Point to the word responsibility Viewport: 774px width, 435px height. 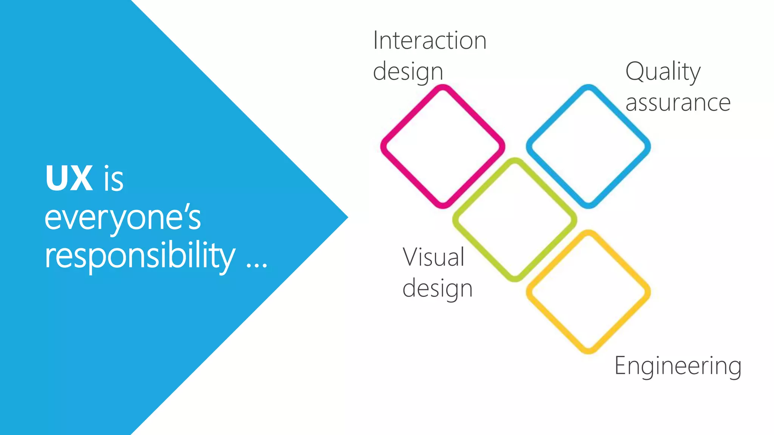pos(140,256)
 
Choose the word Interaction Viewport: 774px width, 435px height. pos(430,40)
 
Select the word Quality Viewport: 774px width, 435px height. pos(663,72)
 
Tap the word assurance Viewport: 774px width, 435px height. pos(678,103)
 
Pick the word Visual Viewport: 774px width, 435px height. pos(433,257)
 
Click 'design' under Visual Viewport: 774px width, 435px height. pos(437,288)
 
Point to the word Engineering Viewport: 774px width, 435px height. pos(678,366)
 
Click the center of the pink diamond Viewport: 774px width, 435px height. pos(443,147)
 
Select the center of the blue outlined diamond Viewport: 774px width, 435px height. pos(588,147)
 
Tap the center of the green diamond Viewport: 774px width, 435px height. pos(515,220)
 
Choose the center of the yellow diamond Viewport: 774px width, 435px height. pos(588,292)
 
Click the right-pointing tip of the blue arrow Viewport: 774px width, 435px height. pos(347,217)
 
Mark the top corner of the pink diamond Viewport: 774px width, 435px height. pos(443,87)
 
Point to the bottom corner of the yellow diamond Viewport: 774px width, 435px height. pos(588,351)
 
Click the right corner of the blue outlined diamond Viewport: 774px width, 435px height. pos(648,147)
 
